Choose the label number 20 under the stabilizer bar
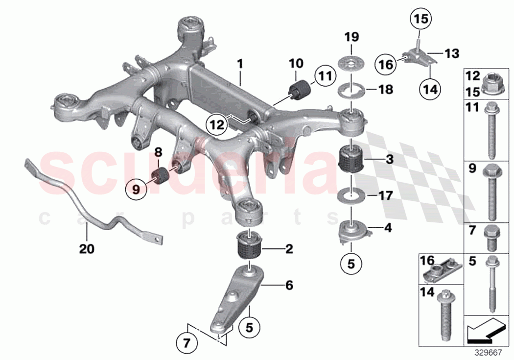click(x=87, y=249)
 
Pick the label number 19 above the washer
click(x=351, y=37)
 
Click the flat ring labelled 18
click(x=351, y=91)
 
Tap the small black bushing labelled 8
click(x=160, y=174)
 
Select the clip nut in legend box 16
click(x=441, y=269)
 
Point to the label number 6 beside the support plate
click(x=289, y=285)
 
